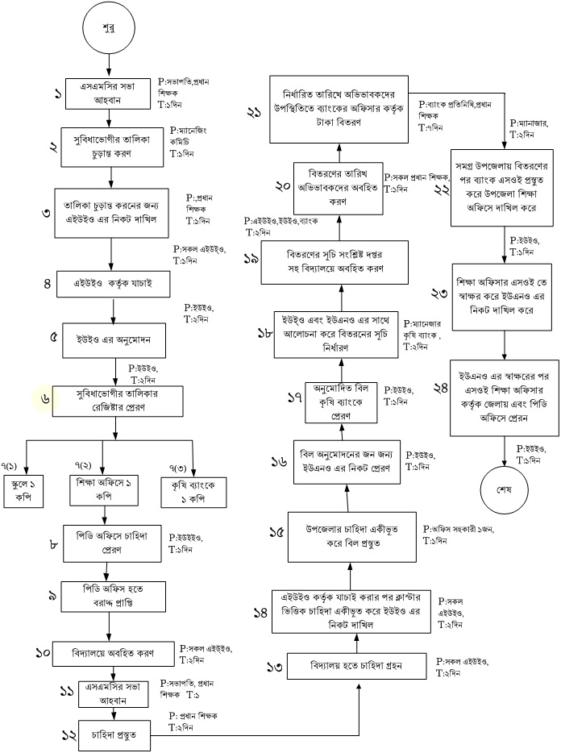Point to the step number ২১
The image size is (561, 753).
[256, 113]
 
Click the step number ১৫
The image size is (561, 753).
[276, 535]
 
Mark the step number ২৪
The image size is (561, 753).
[440, 388]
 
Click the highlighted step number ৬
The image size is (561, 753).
[44, 398]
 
